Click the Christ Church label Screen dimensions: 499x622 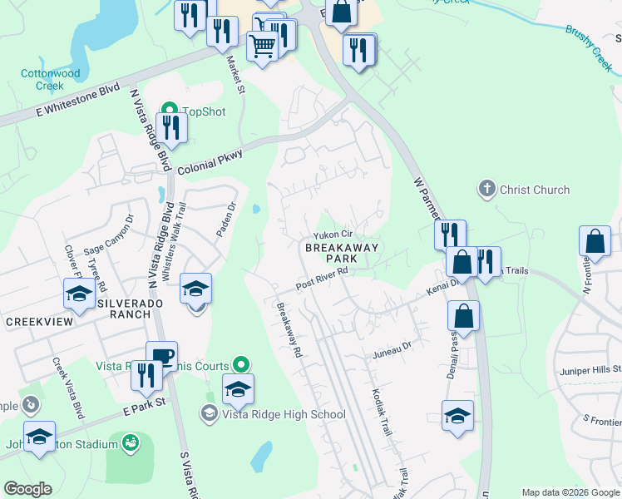(x=535, y=190)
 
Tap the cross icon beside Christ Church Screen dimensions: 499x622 (x=487, y=189)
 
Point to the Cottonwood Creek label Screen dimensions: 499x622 (x=51, y=80)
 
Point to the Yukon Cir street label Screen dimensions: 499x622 (x=333, y=235)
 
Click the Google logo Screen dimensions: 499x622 (x=28, y=489)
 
